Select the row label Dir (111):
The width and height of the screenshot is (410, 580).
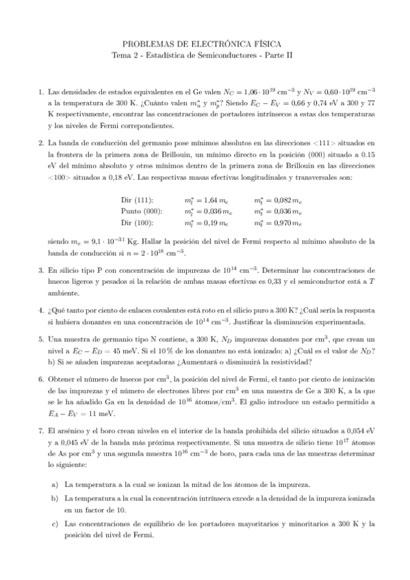click(x=136, y=200)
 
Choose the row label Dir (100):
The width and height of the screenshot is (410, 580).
click(x=136, y=223)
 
